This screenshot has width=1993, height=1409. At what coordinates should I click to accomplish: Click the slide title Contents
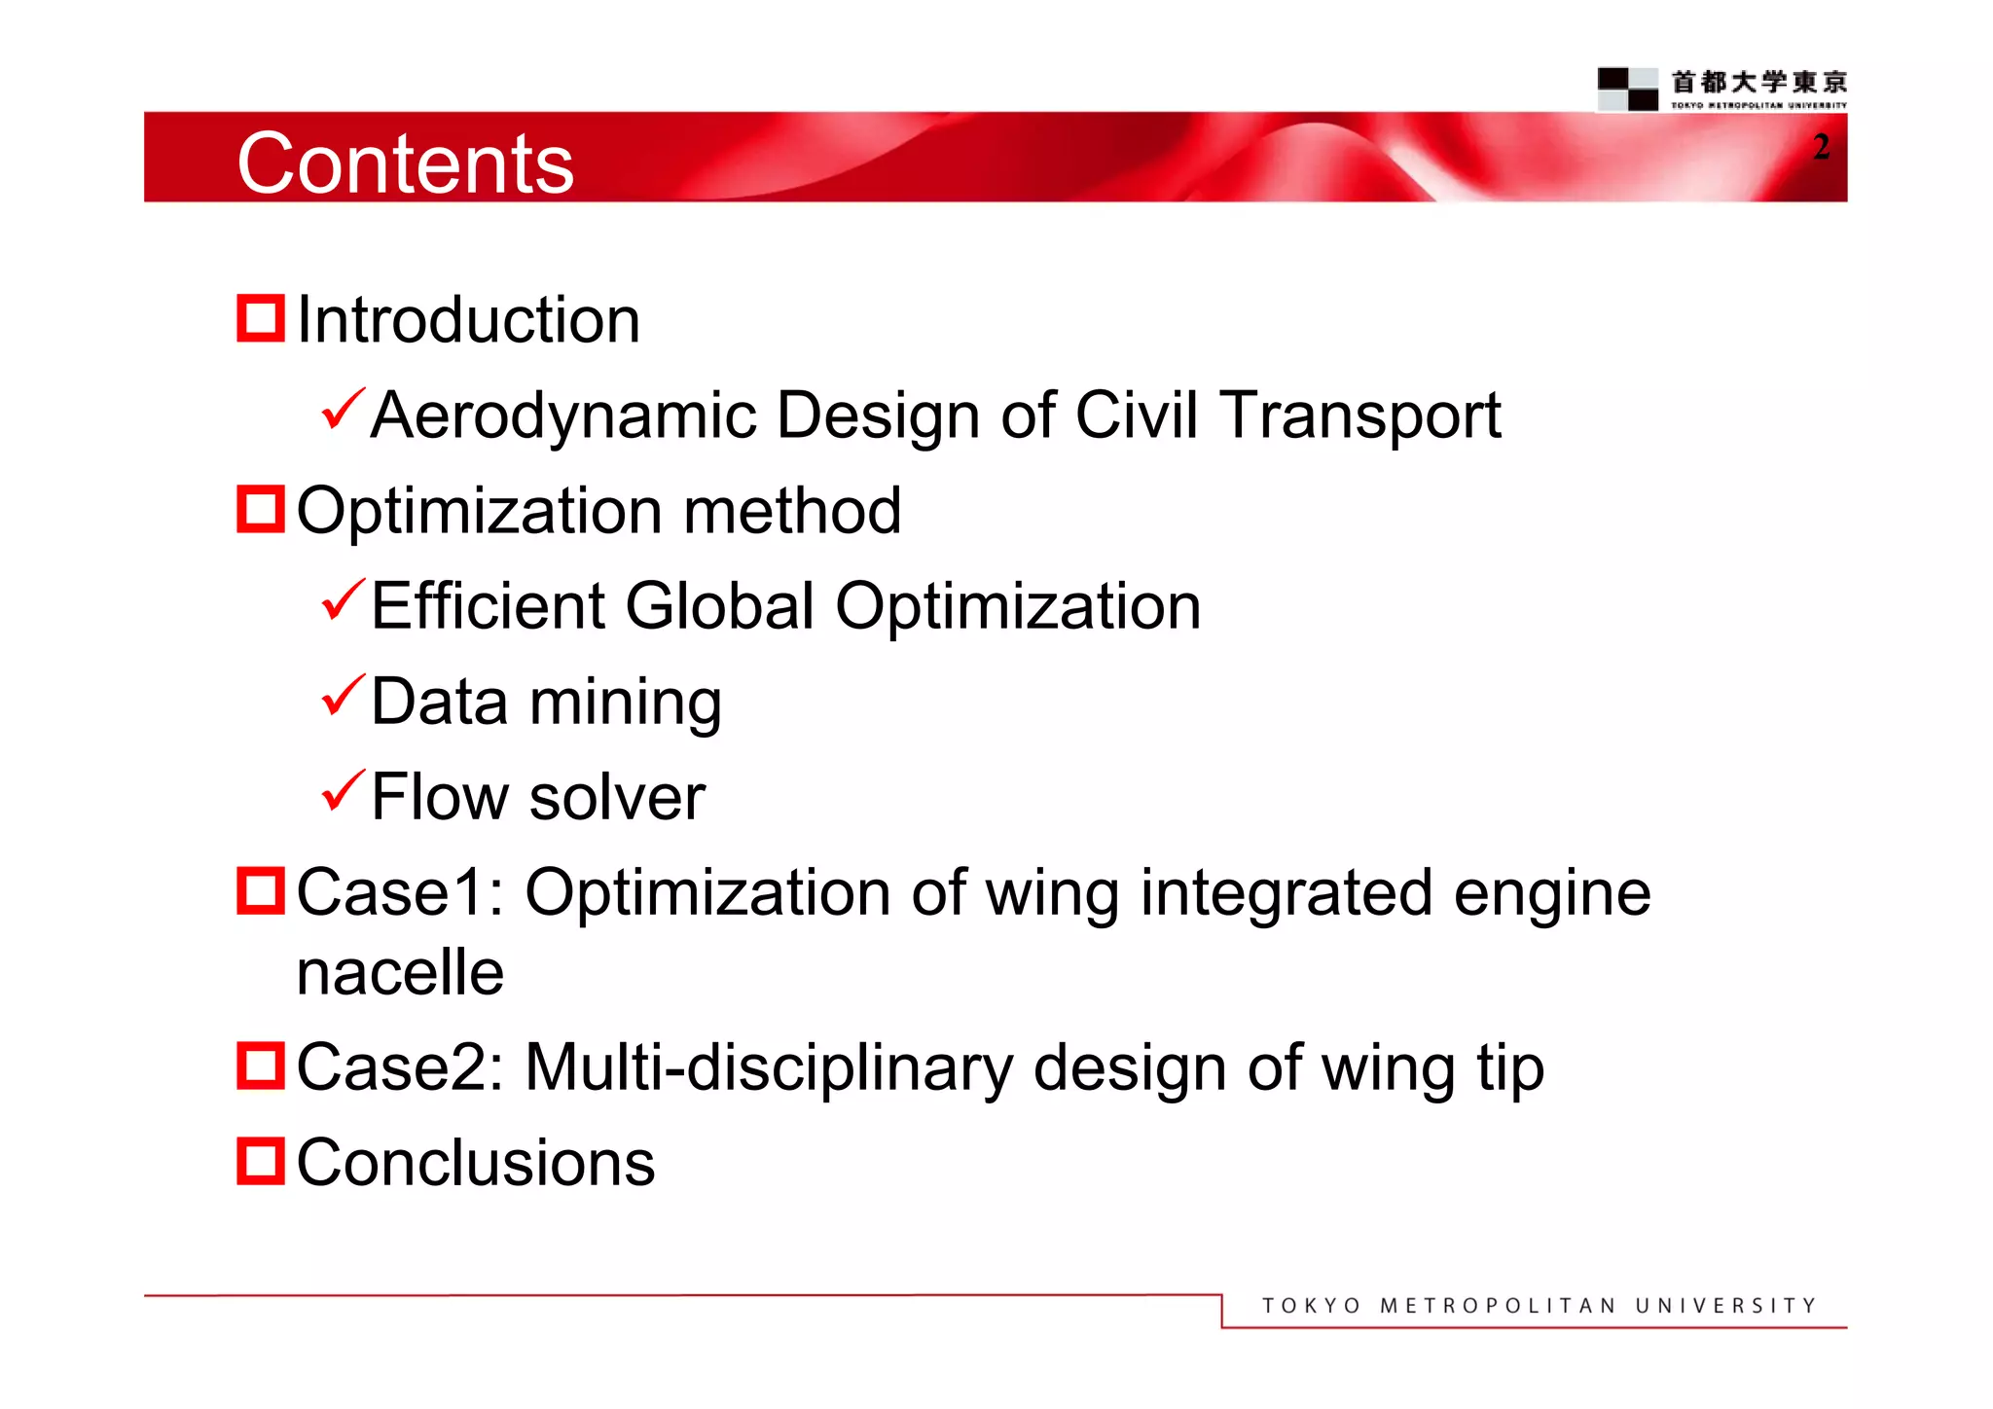click(x=405, y=163)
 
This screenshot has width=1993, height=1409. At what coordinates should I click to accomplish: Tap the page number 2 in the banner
click(x=1821, y=147)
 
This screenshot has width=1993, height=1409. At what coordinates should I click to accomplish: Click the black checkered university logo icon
click(x=1627, y=89)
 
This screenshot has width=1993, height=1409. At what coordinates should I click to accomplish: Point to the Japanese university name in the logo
click(x=1758, y=82)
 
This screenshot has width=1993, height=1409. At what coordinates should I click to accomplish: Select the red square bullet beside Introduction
click(x=260, y=319)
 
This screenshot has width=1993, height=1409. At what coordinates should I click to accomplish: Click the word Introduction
click(x=468, y=320)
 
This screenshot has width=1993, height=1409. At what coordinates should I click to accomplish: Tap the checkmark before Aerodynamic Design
click(x=342, y=410)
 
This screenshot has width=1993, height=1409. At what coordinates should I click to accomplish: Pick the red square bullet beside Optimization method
click(x=260, y=509)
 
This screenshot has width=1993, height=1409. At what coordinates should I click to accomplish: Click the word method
click(x=792, y=511)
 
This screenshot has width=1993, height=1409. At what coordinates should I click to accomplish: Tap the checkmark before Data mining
click(x=342, y=696)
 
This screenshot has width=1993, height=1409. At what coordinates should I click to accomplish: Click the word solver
click(x=617, y=798)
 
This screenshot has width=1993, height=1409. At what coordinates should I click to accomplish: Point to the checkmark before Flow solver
click(x=342, y=790)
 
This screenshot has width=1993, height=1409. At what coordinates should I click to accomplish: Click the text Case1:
click(x=399, y=892)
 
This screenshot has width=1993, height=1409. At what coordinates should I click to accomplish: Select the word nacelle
click(x=400, y=972)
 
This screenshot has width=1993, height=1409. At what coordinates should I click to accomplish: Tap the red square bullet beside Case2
click(x=260, y=1066)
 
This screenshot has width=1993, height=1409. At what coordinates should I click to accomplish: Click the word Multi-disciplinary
click(x=769, y=1068)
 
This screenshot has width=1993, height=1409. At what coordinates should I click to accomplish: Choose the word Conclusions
click(x=475, y=1163)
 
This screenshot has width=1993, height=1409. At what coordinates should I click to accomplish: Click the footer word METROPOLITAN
click(x=1498, y=1306)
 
